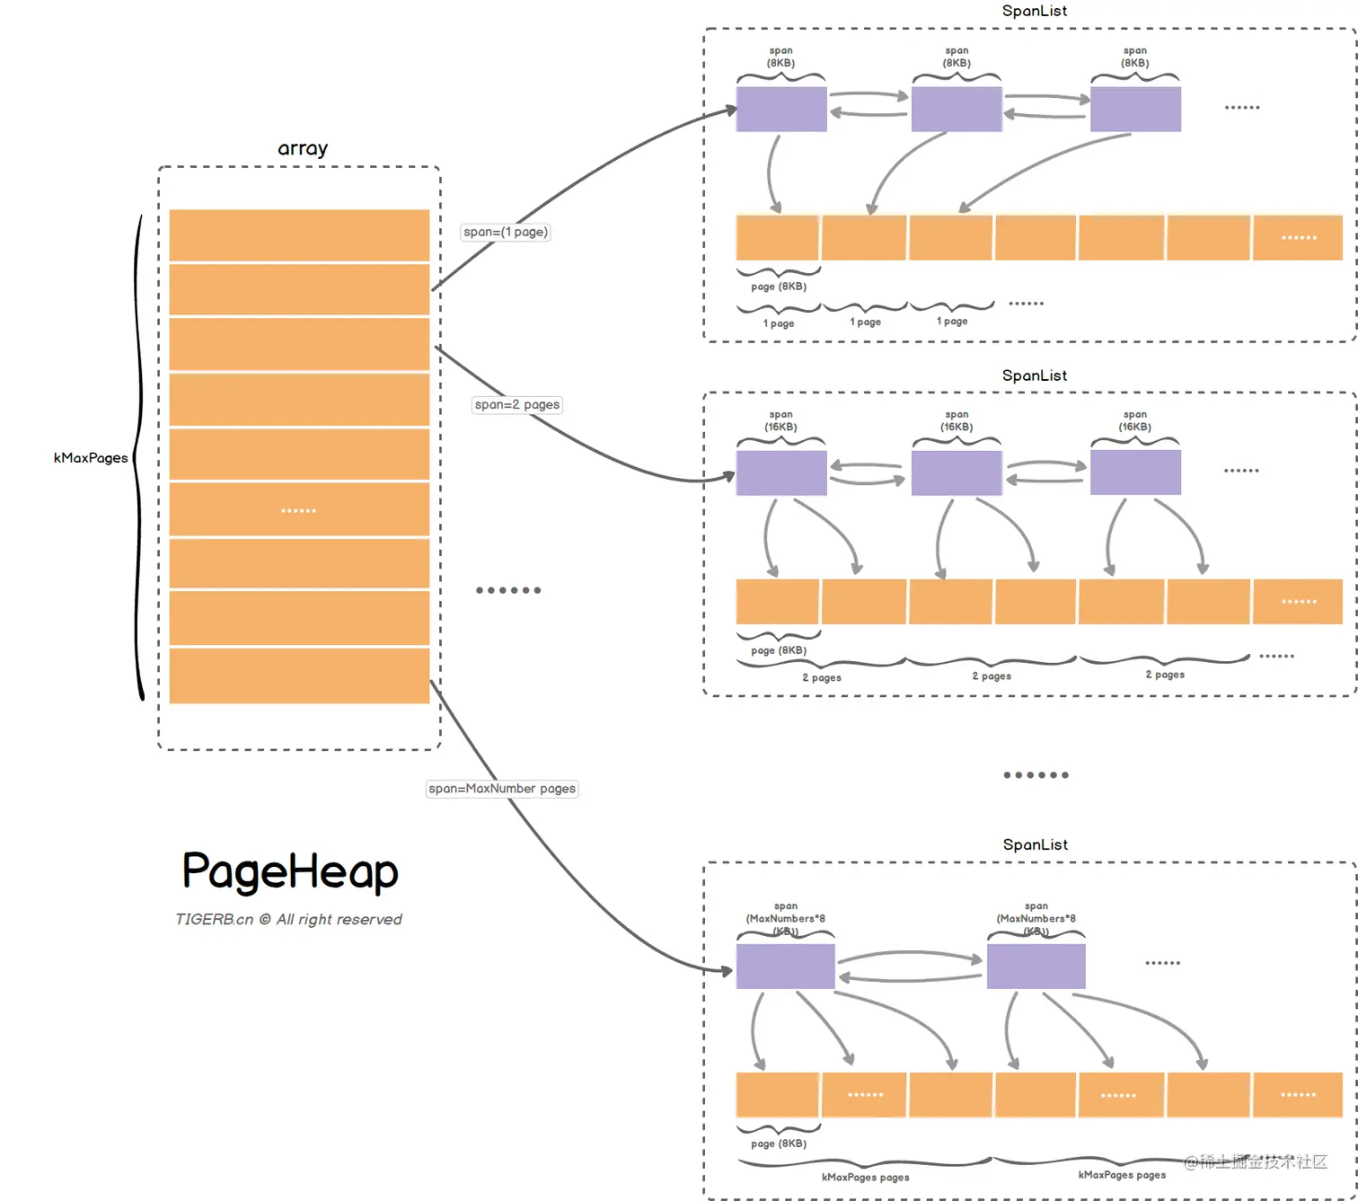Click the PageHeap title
(290, 871)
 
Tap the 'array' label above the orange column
(303, 148)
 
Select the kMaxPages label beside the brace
(91, 457)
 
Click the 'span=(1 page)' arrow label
(505, 232)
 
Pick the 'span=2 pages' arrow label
(516, 404)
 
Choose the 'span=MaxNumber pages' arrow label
(501, 789)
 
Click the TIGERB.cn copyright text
(288, 919)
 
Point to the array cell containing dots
(299, 509)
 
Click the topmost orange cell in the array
(299, 234)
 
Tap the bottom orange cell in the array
(299, 676)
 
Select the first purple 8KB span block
(780, 109)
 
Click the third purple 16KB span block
(1135, 472)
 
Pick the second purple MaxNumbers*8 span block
(1036, 967)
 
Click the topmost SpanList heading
(1035, 11)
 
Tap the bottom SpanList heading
(1035, 844)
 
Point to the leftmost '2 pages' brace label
(821, 677)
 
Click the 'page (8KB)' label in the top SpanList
(779, 287)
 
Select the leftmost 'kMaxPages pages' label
(865, 1177)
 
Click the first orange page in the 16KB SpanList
(777, 601)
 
